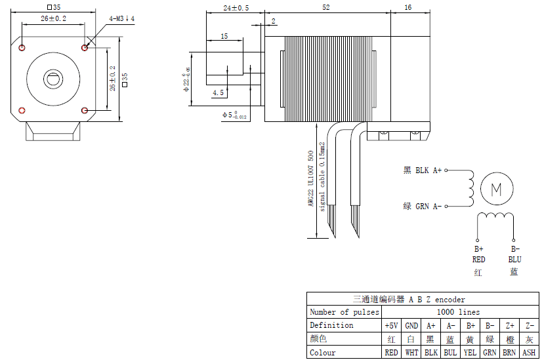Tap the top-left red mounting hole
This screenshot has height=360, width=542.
click(23, 47)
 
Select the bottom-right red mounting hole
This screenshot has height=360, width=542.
click(85, 110)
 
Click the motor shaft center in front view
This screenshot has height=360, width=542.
click(53, 79)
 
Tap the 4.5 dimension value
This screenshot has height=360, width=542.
click(218, 93)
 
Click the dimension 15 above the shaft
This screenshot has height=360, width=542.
click(224, 37)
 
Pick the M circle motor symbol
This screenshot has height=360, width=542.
click(496, 190)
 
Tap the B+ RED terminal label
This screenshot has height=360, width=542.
click(478, 254)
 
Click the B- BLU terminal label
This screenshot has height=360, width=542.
click(514, 254)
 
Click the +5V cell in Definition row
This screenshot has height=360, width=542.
click(391, 325)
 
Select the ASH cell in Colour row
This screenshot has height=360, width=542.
click(529, 353)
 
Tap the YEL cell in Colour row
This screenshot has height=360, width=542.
click(470, 353)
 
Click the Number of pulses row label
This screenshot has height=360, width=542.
click(344, 312)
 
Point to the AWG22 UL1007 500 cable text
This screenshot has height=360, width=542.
click(311, 179)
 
